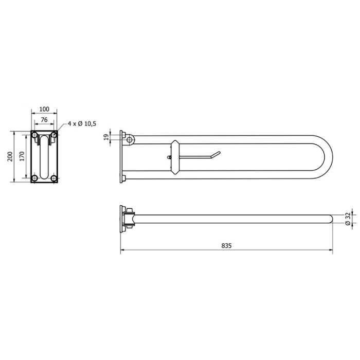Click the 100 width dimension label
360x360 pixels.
44,109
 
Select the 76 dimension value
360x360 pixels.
44,120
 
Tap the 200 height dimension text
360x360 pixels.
9,156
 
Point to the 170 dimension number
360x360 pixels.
21,156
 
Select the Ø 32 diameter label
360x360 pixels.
348,219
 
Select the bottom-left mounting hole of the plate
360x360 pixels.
34,178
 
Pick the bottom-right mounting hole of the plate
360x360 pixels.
54,178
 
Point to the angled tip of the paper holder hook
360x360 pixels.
218,153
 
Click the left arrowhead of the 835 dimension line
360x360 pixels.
122,251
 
